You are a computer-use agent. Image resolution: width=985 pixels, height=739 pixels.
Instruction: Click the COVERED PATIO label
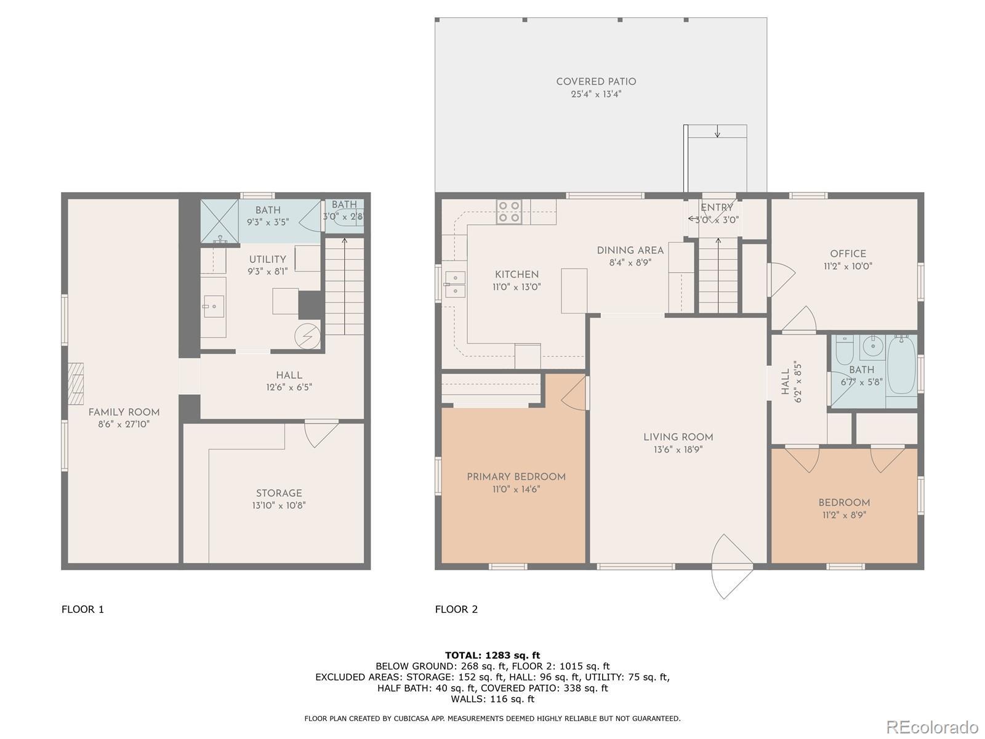pyautogui.click(x=596, y=82)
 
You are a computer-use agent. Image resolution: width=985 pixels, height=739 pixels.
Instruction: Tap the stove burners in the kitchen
pyautogui.click(x=509, y=212)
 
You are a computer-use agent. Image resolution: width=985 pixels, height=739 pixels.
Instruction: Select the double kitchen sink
pyautogui.click(x=455, y=285)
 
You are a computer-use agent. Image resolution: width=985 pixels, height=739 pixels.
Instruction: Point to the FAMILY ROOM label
pyautogui.click(x=124, y=413)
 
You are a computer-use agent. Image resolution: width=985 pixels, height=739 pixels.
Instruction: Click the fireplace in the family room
pyautogui.click(x=76, y=384)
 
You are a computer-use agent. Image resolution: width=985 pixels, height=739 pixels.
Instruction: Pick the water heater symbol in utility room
pyautogui.click(x=307, y=336)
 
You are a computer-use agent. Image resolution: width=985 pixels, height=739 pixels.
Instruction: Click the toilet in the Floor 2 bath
pyautogui.click(x=844, y=352)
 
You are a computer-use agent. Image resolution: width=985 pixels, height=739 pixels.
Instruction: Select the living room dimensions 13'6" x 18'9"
pyautogui.click(x=678, y=450)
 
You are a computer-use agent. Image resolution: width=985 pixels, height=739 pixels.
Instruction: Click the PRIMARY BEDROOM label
pyautogui.click(x=516, y=477)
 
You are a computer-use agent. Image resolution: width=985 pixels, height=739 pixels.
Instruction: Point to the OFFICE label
pyautogui.click(x=848, y=254)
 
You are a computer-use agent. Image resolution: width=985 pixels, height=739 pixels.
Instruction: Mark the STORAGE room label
pyautogui.click(x=279, y=493)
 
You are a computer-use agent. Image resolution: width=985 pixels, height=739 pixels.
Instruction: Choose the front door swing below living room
pyautogui.click(x=731, y=566)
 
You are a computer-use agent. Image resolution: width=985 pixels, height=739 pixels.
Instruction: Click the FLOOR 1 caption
pyautogui.click(x=82, y=609)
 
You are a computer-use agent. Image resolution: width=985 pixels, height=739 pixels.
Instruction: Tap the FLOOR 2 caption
pyautogui.click(x=456, y=609)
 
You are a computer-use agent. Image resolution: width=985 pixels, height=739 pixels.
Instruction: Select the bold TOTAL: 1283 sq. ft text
pyautogui.click(x=492, y=655)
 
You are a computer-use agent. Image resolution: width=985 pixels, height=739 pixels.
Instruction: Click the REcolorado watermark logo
pyautogui.click(x=933, y=727)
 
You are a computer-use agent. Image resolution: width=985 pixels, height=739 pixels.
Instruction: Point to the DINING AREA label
pyautogui.click(x=630, y=251)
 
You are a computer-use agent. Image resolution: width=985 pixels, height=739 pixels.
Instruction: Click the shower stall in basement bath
pyautogui.click(x=219, y=221)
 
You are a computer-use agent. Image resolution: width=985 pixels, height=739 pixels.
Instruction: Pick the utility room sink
pyautogui.click(x=214, y=307)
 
